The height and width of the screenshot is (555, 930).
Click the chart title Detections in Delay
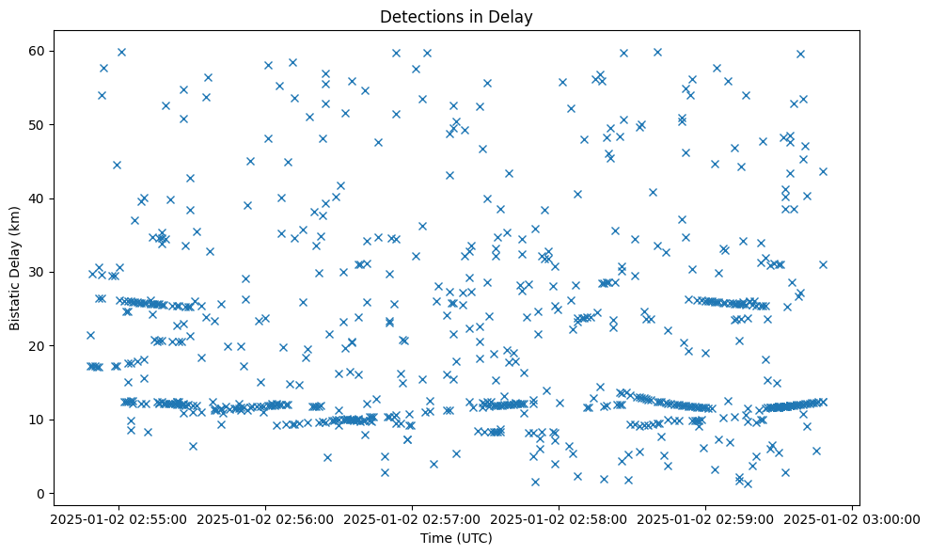[456, 16]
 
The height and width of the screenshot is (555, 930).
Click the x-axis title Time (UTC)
[456, 539]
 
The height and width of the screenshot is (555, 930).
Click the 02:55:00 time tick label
[118, 518]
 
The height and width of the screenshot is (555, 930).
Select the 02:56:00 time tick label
[265, 518]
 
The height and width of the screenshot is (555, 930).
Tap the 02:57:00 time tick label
[412, 518]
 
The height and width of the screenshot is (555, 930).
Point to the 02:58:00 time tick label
[559, 518]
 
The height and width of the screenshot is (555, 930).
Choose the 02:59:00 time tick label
[705, 518]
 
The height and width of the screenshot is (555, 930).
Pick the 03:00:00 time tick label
[852, 518]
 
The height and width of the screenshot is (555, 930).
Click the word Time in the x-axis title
[435, 539]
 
